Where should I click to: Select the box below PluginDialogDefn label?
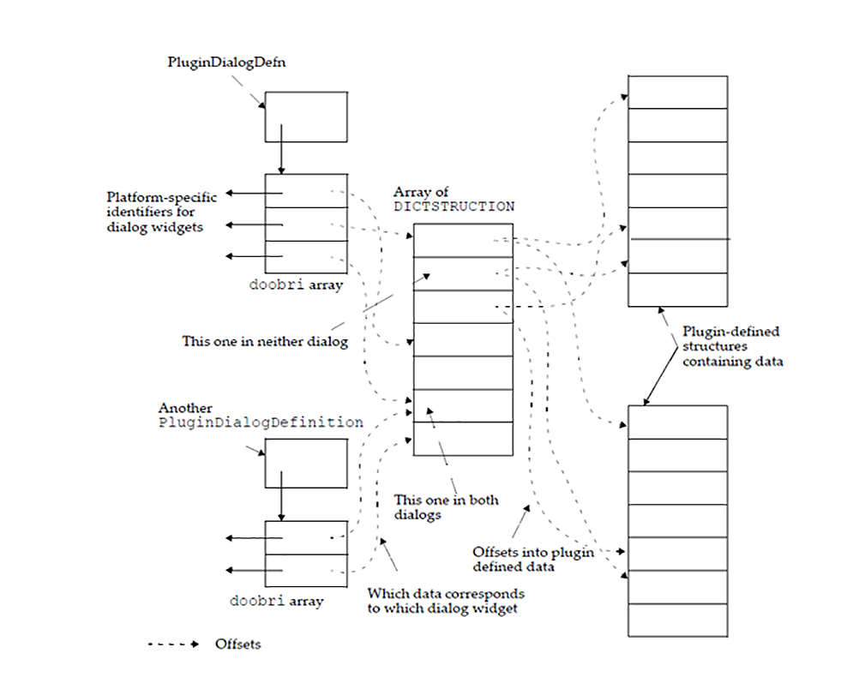(305, 116)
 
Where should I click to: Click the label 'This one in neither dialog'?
(264, 340)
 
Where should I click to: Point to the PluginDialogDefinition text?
(261, 422)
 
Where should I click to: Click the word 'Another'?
(185, 409)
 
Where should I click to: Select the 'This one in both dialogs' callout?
(446, 507)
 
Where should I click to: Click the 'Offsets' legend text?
(237, 644)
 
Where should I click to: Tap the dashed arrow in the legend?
(173, 644)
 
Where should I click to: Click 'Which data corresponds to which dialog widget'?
(445, 601)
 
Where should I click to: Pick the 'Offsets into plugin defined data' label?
(532, 559)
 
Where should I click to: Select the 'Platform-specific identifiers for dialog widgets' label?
(161, 212)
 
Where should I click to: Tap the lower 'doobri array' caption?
(276, 601)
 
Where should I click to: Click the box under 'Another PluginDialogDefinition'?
(305, 463)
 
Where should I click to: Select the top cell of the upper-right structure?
(677, 91)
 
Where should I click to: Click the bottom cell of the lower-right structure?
(677, 620)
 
